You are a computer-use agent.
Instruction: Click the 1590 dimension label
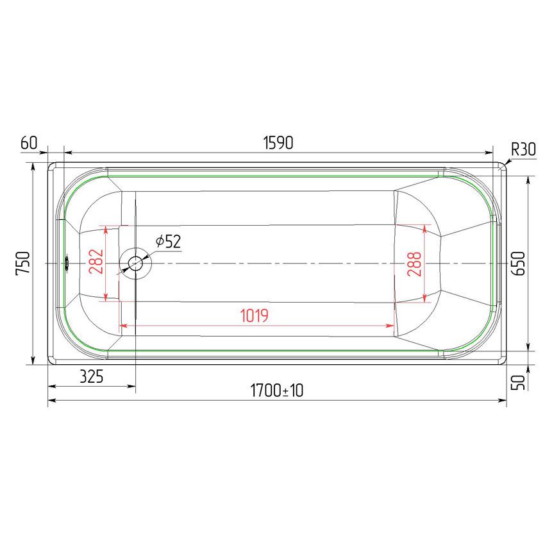278,143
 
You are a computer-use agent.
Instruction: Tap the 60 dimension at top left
29,142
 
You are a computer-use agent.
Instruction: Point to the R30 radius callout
523,150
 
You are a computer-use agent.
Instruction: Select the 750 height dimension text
23,264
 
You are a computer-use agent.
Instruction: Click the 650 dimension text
519,264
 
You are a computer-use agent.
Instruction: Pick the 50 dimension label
519,382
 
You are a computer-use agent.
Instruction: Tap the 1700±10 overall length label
277,390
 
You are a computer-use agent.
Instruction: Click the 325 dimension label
92,376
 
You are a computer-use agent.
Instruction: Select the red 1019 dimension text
254,315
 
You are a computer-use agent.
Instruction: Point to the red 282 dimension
96,262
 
